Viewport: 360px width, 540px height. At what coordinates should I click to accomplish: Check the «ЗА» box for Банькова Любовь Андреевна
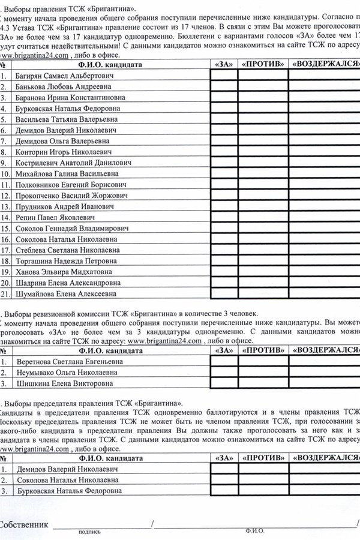224,87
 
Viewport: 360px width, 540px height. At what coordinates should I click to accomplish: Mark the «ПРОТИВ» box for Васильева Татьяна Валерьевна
263,119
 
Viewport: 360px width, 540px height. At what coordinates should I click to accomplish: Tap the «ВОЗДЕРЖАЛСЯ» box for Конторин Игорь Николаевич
324,152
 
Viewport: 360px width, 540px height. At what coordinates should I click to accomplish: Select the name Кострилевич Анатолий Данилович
73,163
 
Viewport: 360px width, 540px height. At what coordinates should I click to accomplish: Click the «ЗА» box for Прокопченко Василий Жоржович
224,196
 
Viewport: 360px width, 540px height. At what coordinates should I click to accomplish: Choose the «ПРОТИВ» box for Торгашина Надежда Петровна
263,261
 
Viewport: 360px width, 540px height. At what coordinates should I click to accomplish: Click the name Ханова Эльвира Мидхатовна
67,272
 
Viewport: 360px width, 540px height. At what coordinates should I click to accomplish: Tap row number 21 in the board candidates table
5,294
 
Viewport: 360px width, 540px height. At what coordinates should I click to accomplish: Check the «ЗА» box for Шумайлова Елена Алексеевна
224,294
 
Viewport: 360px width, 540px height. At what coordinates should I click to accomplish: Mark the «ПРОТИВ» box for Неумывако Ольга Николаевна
263,373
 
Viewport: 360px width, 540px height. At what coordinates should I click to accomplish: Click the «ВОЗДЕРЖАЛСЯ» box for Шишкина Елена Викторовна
324,384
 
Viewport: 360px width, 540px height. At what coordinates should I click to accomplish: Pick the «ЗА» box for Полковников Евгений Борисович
224,185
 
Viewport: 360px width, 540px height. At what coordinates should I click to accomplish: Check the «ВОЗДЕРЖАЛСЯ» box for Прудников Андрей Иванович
324,206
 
